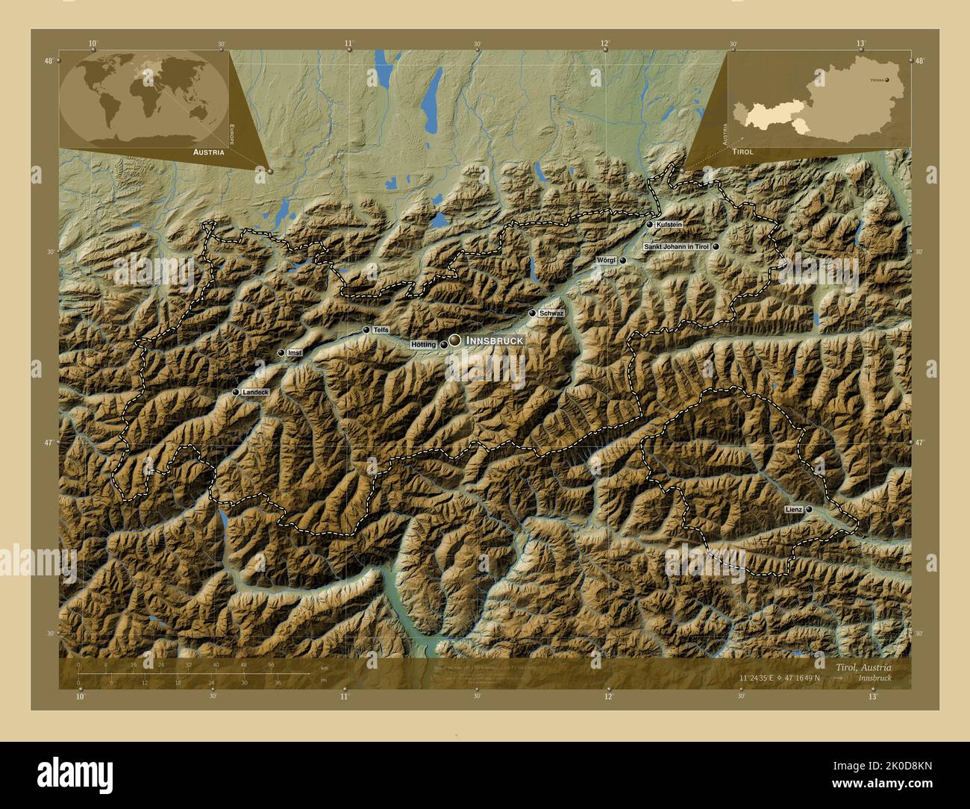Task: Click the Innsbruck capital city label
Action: coord(494,340)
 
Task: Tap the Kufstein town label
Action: coord(669,225)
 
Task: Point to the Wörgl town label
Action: coord(606,260)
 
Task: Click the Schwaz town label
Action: coord(551,313)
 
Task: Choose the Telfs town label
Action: coord(381,330)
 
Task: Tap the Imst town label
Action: coord(294,353)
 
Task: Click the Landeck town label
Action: coord(255,392)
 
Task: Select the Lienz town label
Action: coord(793,509)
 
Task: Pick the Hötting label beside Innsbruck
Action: coord(423,345)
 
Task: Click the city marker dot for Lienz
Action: coord(809,509)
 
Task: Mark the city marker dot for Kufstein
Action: coord(650,225)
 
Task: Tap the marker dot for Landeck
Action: coord(236,392)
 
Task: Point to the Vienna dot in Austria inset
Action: coord(887,78)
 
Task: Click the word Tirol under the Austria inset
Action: coord(742,152)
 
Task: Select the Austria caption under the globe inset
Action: coord(208,152)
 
